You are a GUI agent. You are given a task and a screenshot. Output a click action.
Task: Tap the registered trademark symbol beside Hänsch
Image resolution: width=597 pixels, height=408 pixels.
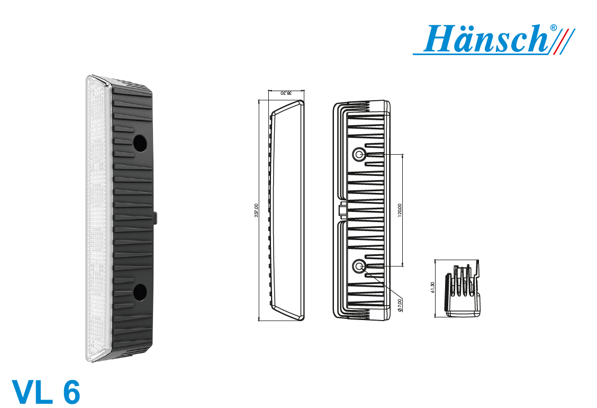(x=554, y=28)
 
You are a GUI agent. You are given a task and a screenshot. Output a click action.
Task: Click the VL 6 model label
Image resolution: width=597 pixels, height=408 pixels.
(x=46, y=392)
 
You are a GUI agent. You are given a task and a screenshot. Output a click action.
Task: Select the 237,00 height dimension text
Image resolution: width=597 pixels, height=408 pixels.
(x=256, y=210)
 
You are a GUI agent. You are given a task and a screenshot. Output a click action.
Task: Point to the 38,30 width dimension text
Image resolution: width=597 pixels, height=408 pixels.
(x=286, y=93)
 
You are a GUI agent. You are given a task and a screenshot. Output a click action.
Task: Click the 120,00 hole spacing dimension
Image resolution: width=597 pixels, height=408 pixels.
(x=400, y=210)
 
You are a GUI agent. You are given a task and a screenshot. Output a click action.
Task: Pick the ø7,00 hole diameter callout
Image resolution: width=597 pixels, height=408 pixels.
(x=400, y=305)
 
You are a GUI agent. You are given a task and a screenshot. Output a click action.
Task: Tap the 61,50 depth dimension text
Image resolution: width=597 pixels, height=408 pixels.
(x=432, y=288)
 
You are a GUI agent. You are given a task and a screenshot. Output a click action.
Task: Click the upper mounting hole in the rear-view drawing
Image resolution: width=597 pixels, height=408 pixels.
(x=358, y=154)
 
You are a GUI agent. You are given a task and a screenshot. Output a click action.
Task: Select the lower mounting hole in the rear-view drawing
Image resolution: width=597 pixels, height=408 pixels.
(x=358, y=266)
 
